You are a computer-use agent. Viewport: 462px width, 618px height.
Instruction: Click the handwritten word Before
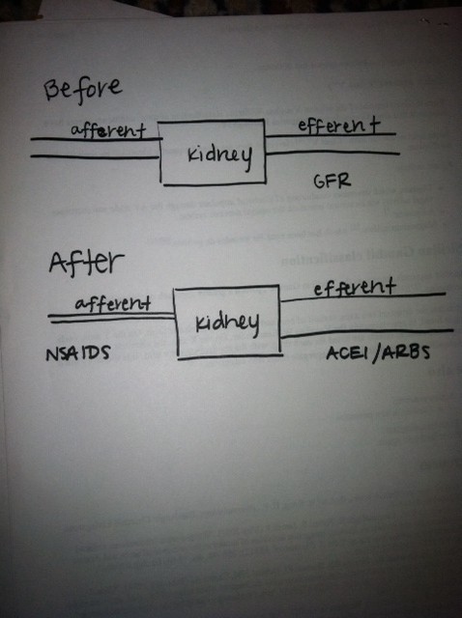tap(82, 91)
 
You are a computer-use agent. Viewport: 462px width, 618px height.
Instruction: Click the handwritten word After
tap(86, 264)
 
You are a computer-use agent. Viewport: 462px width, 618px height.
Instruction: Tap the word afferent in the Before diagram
tap(108, 130)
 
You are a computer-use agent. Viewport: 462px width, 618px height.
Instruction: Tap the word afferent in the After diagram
tap(113, 303)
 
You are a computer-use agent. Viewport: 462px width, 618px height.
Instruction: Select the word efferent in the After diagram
tap(355, 288)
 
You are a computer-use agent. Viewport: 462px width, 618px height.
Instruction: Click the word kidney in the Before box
tap(219, 156)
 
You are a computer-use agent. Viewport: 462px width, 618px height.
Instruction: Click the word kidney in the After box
tap(227, 324)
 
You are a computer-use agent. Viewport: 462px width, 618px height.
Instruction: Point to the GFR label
tap(332, 181)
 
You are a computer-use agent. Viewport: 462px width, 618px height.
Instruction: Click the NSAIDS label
tap(77, 353)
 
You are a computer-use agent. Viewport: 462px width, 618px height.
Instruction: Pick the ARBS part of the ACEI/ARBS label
tap(406, 352)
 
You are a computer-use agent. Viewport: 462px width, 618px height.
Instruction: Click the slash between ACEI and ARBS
tap(377, 353)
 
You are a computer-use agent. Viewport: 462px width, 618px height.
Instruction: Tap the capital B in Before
tap(52, 91)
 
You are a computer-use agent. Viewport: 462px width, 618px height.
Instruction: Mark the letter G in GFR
tap(320, 182)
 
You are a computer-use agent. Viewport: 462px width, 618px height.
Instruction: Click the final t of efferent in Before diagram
tap(373, 125)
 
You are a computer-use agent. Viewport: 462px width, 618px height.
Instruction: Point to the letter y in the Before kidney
tap(245, 159)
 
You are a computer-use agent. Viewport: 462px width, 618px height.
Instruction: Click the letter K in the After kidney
tap(202, 323)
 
